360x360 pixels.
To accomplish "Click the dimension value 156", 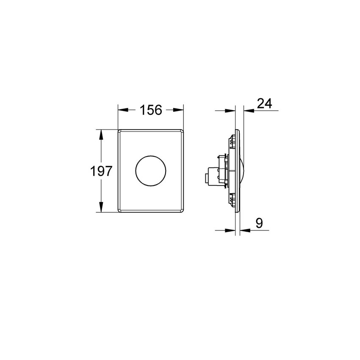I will [x=151, y=110].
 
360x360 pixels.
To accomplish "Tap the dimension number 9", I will [x=259, y=223].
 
